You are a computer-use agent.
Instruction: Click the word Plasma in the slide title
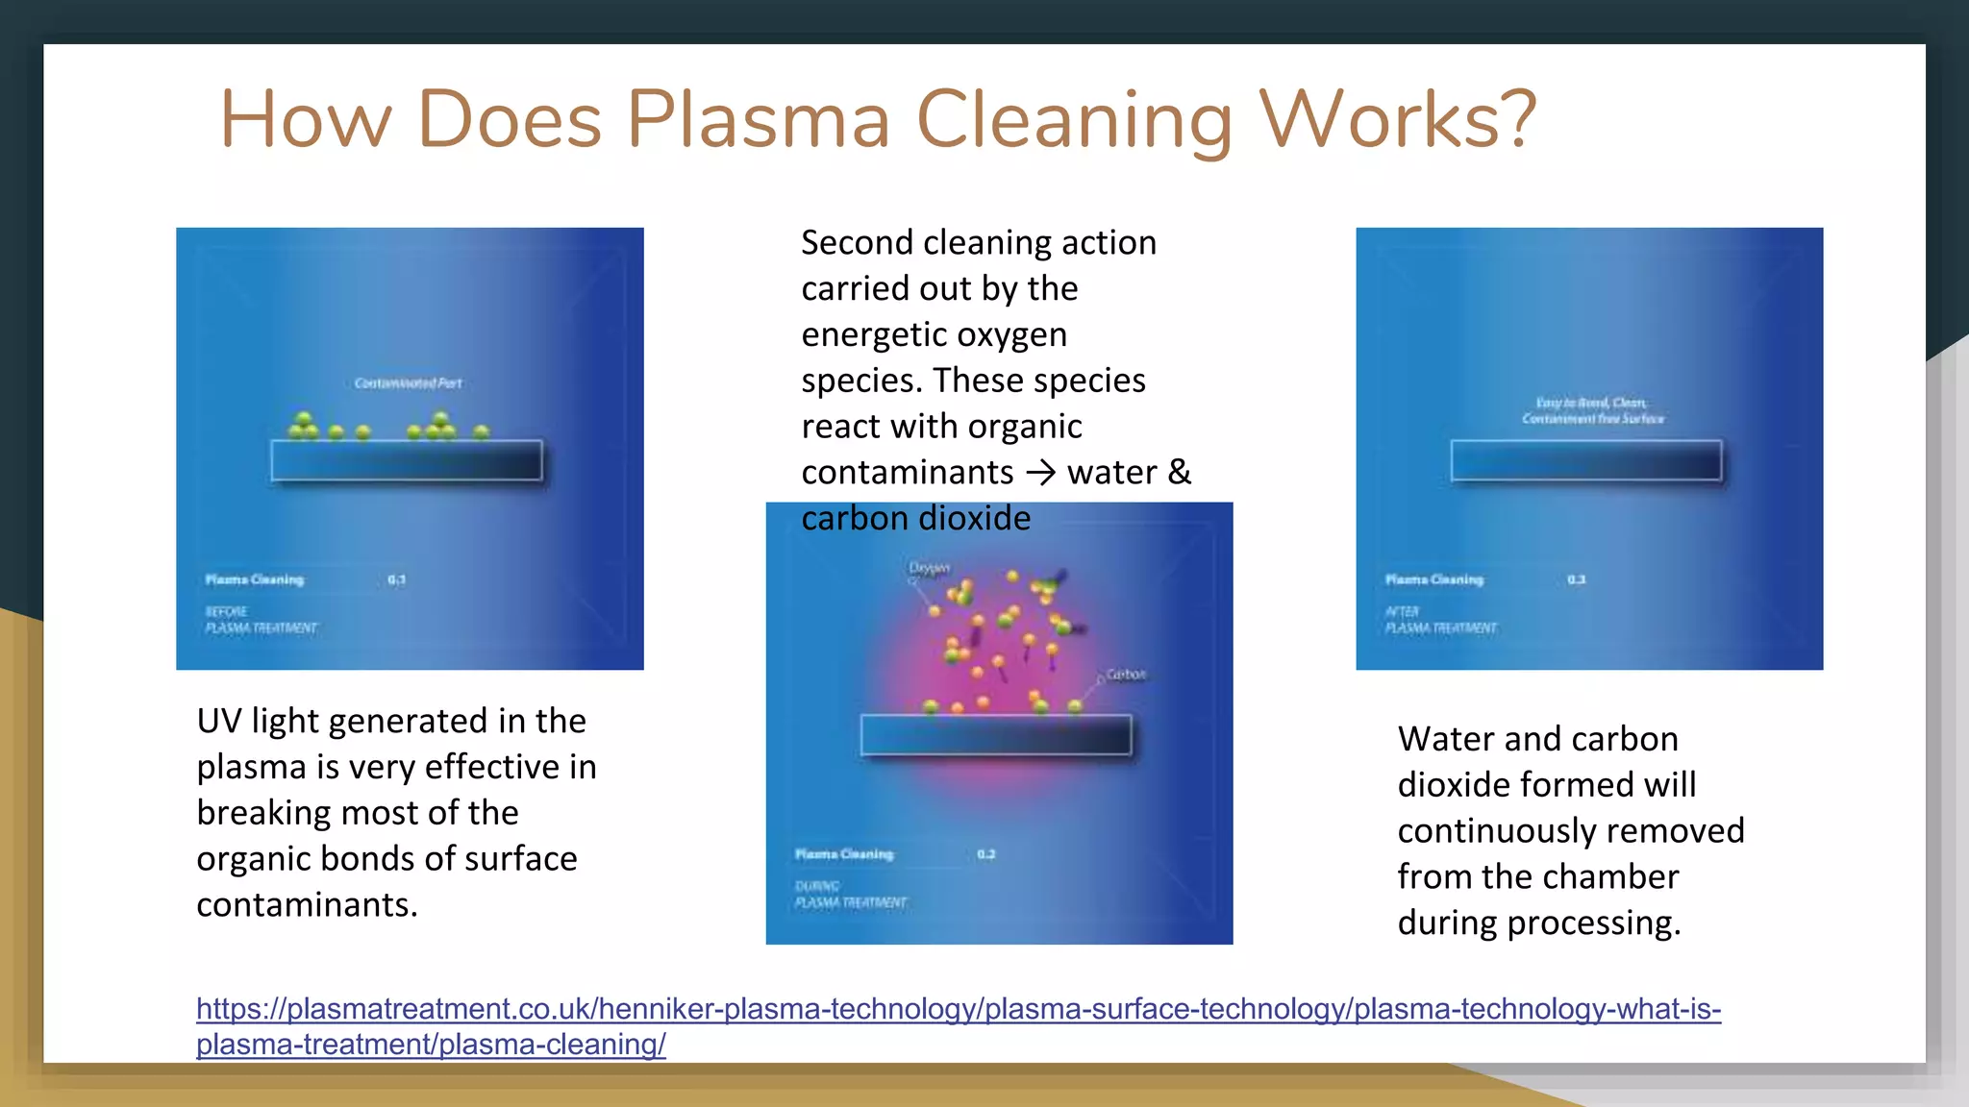point(759,120)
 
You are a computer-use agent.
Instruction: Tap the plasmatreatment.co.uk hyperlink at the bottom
point(958,1010)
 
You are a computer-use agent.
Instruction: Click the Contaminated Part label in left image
point(408,383)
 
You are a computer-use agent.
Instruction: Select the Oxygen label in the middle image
point(930,569)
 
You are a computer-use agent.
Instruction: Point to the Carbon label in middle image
point(1126,675)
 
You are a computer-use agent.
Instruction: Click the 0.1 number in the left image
point(396,579)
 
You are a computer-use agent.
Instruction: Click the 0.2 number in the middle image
point(986,854)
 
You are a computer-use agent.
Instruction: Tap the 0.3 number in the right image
point(1576,579)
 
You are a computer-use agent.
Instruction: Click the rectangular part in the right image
point(1585,460)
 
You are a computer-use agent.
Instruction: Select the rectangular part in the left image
point(406,460)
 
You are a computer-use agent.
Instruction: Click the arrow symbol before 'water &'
point(1040,473)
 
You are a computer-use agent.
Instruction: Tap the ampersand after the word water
point(1179,472)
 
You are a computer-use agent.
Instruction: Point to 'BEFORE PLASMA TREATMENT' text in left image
point(260,620)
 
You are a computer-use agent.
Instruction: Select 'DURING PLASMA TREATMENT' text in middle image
point(850,895)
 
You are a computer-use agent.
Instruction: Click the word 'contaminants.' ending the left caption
point(307,904)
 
